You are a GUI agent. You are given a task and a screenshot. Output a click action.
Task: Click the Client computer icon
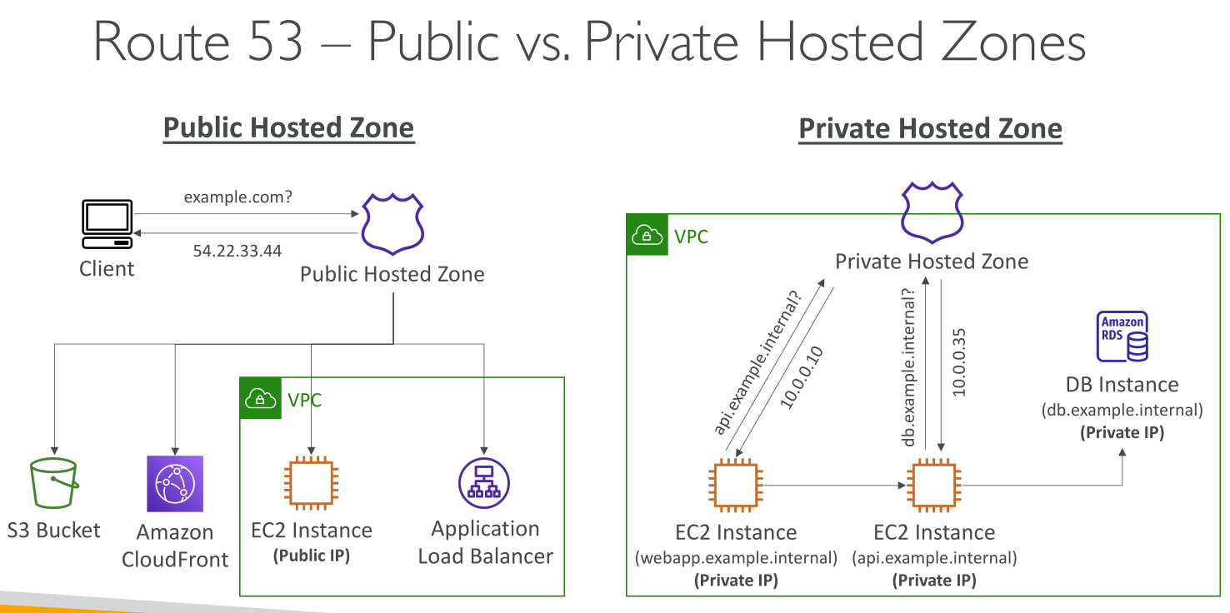coord(107,224)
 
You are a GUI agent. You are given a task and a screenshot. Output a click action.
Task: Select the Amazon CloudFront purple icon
coord(175,483)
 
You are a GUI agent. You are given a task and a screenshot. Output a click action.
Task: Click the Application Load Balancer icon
coord(484,483)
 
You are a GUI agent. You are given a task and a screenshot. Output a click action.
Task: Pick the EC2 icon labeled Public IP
coord(311,483)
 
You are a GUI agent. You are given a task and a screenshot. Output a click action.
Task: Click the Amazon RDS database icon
coord(1122,337)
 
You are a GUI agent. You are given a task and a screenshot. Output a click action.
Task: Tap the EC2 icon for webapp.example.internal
coord(735,486)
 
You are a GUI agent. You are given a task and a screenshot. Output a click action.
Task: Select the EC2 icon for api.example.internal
coord(933,486)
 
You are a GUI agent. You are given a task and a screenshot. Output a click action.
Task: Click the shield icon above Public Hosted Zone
coord(392,222)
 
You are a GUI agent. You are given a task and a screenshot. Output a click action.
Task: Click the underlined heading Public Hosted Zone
coord(288,128)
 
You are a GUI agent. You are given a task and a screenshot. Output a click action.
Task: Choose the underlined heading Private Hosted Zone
coord(930,129)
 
